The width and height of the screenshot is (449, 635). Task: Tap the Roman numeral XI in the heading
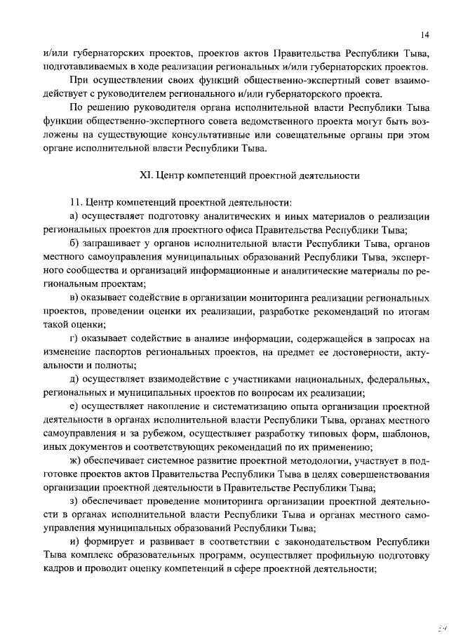(147, 173)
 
